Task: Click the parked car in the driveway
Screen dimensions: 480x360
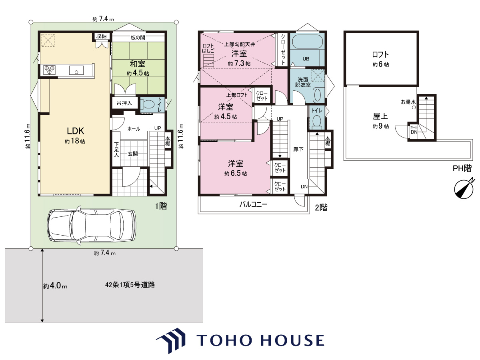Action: [x=92, y=225]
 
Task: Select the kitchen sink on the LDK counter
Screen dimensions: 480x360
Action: [x=76, y=70]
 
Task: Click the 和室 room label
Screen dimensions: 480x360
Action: [x=138, y=64]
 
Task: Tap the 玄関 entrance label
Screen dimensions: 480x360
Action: [x=133, y=154]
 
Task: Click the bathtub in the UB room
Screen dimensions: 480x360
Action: [x=307, y=42]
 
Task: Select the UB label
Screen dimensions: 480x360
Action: [x=306, y=58]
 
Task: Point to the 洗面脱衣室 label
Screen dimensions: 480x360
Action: [x=303, y=82]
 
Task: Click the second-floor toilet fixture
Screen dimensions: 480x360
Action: [x=316, y=121]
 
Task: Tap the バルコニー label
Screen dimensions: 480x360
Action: [x=254, y=204]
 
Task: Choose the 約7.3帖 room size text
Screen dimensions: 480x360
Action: [x=239, y=63]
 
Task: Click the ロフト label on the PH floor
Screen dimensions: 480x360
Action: [x=380, y=54]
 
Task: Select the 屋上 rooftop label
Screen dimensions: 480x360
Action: [x=380, y=116]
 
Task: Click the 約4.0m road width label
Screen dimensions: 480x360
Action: [x=55, y=286]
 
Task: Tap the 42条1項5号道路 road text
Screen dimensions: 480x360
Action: [x=130, y=285]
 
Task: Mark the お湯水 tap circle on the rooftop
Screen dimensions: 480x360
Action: [x=414, y=108]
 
